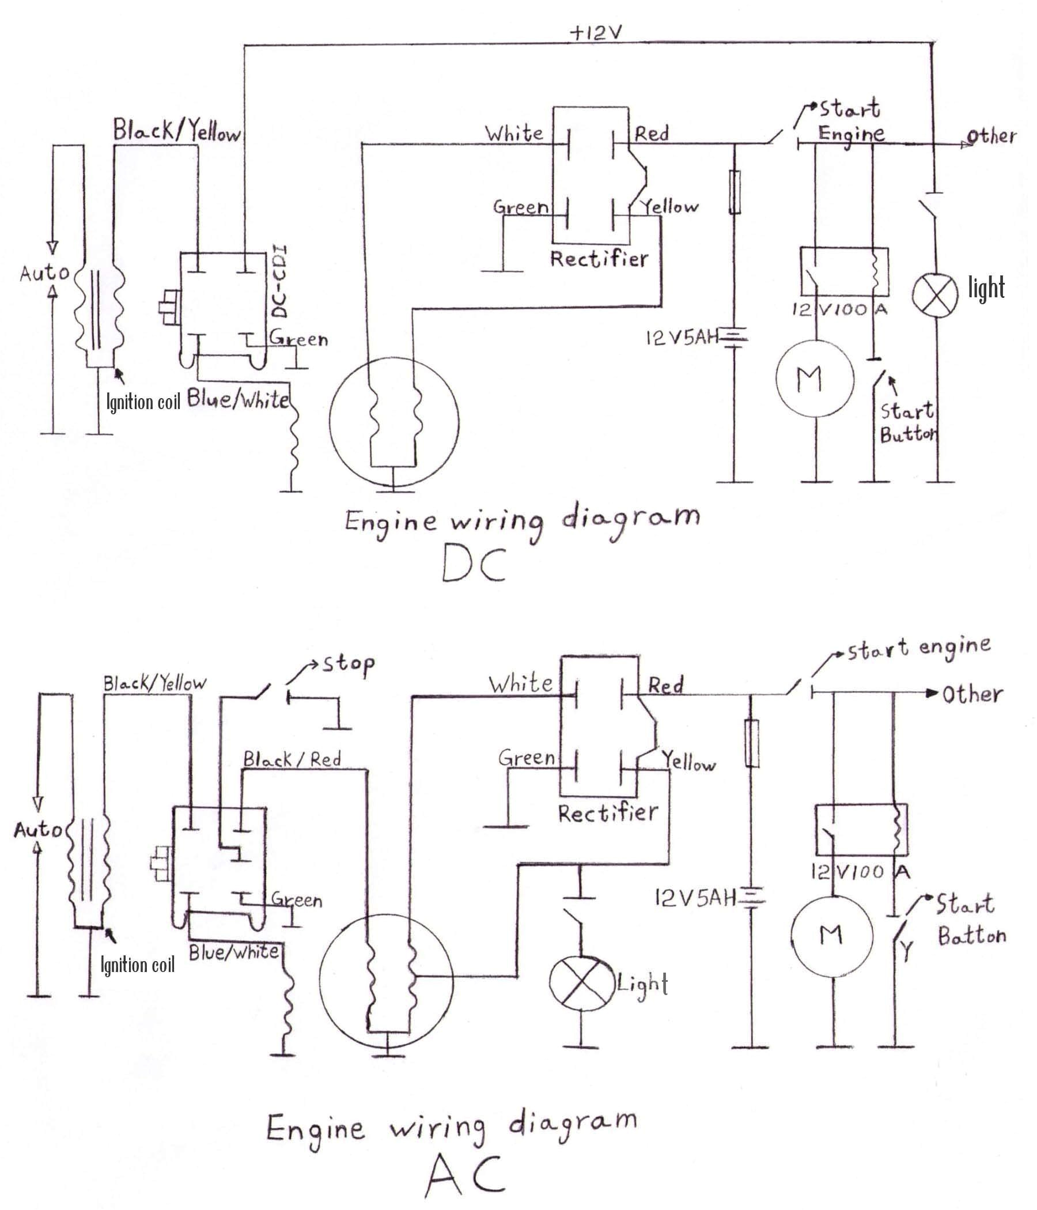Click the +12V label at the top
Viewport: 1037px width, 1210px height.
coord(595,33)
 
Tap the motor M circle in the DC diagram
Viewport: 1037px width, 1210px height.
coord(815,379)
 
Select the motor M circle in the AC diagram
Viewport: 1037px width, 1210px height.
coord(831,935)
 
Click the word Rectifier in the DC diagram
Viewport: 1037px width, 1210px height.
coord(599,258)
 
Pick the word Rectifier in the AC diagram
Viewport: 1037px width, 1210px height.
coord(607,812)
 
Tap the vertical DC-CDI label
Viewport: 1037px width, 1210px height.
coord(281,283)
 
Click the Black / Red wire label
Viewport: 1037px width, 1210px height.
coord(292,760)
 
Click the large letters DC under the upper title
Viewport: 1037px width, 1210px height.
coord(474,565)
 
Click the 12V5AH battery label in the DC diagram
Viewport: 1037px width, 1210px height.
coord(681,338)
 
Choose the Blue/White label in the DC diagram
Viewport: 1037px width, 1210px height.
coord(239,400)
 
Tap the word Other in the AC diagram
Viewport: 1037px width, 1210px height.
coord(972,694)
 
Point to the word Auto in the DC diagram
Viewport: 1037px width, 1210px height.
coord(44,273)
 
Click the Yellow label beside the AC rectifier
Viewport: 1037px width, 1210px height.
coord(689,762)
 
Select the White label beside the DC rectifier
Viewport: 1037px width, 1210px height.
coord(514,134)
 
